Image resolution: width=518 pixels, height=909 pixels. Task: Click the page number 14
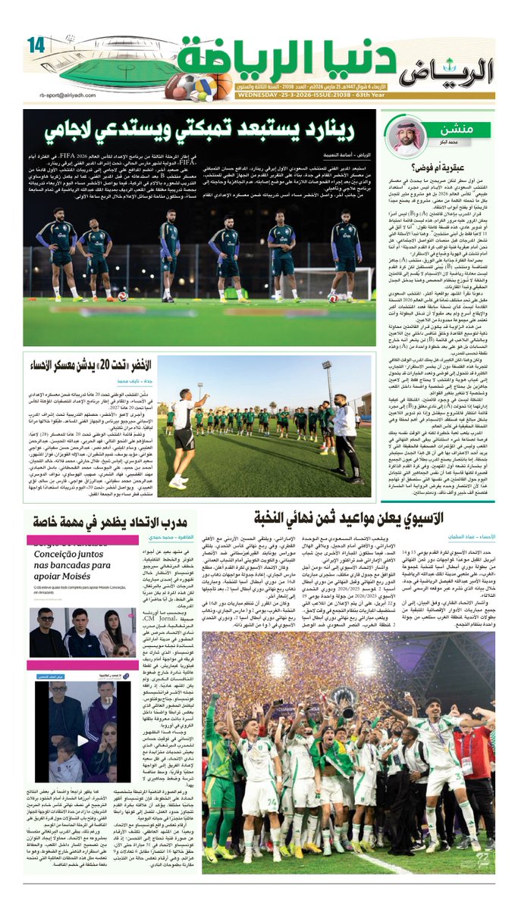[36, 44]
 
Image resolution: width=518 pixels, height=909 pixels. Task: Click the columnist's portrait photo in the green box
[407, 138]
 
